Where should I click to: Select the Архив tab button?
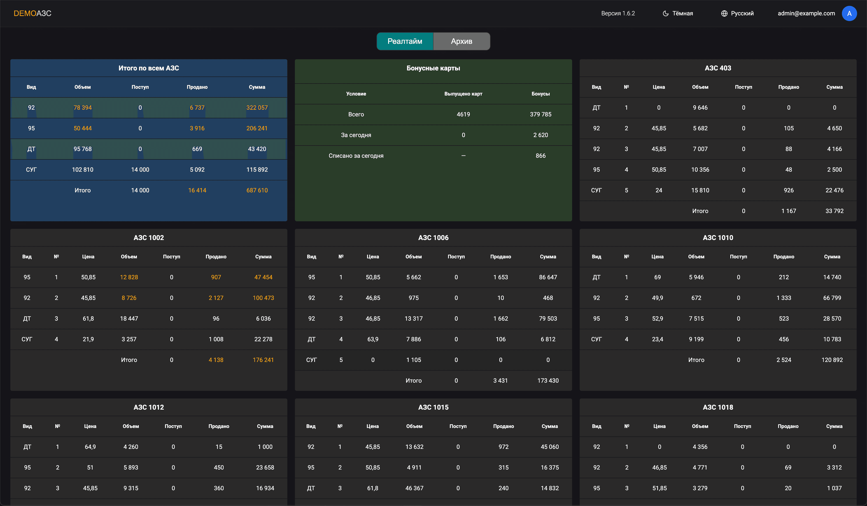[x=461, y=41]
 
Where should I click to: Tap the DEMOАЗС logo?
[x=32, y=13]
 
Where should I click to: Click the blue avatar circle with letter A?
[x=849, y=13]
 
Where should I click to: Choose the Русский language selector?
[x=737, y=13]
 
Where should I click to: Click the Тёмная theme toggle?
[x=678, y=13]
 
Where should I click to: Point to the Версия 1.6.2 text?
[x=618, y=13]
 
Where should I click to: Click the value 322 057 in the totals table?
[x=257, y=108]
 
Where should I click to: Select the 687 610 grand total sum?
[x=257, y=190]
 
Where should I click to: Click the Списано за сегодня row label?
[x=356, y=156]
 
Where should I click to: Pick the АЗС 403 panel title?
[x=718, y=68]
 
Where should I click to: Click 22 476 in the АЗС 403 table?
[x=834, y=190]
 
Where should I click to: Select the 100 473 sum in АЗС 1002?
[x=263, y=298]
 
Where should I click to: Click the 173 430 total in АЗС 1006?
[x=548, y=380]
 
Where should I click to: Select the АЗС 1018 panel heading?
[x=718, y=407]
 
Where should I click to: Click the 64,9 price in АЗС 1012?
[x=90, y=447]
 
